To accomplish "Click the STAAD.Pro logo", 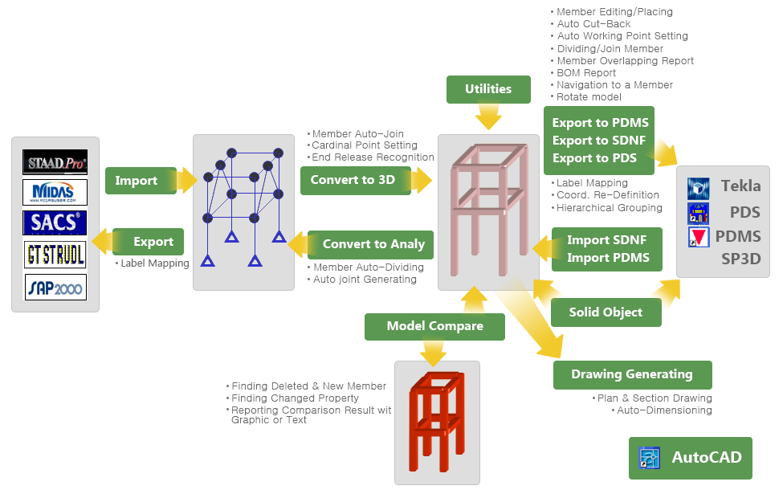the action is coord(55,161).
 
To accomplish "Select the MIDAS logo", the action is coord(55,192).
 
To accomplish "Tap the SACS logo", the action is coord(55,222).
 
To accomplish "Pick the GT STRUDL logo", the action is coord(55,255).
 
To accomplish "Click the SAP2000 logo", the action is coord(55,288).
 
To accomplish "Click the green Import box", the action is coord(141,180).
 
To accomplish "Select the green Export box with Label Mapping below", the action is coord(148,242).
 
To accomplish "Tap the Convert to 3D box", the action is coord(356,180).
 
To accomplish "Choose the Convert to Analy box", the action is coord(370,244).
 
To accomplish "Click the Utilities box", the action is coord(488,89).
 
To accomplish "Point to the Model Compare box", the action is coord(434,327).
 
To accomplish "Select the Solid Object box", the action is coord(606,312).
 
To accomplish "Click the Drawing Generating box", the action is coord(632,374).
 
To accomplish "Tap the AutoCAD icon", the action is coord(649,458).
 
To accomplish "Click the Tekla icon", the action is coord(698,188).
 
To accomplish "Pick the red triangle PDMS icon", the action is coord(699,237).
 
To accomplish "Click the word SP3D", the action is coord(741,259).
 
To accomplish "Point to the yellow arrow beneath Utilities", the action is coord(488,116).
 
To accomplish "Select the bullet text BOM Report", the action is coord(586,73).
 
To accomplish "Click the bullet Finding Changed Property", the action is coord(295,398).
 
